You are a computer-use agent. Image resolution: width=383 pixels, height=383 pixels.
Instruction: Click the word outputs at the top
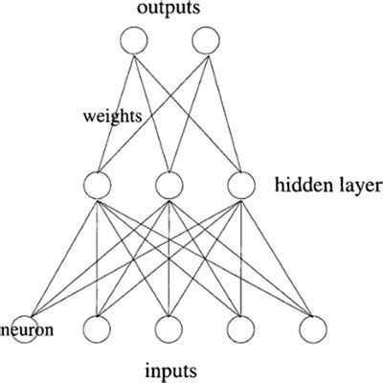tap(169, 10)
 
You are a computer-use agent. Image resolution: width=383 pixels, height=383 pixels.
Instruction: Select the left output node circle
tap(134, 40)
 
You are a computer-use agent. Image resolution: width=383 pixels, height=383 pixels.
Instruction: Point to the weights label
tap(111, 116)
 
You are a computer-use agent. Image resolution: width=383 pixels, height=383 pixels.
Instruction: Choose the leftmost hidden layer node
tap(99, 184)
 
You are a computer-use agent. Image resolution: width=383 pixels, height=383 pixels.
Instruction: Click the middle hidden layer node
tap(169, 184)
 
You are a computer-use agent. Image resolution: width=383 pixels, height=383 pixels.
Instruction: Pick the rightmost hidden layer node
tap(238, 184)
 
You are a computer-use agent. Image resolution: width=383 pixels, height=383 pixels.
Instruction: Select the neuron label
tap(26, 330)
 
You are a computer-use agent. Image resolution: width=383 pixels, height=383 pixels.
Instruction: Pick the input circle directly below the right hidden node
tap(238, 329)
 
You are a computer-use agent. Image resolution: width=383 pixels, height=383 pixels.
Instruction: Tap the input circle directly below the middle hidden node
tap(169, 329)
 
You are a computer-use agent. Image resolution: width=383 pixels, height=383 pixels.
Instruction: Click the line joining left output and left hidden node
tap(117, 110)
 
